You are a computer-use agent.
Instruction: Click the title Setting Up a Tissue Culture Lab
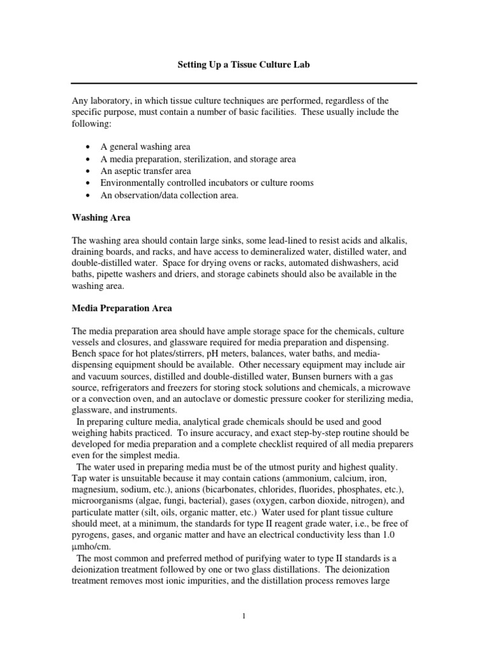243,65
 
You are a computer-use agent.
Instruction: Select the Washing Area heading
100,217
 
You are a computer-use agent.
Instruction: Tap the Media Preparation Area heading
121,308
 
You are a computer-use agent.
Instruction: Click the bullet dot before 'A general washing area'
86,147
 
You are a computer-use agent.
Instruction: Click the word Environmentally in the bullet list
132,183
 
